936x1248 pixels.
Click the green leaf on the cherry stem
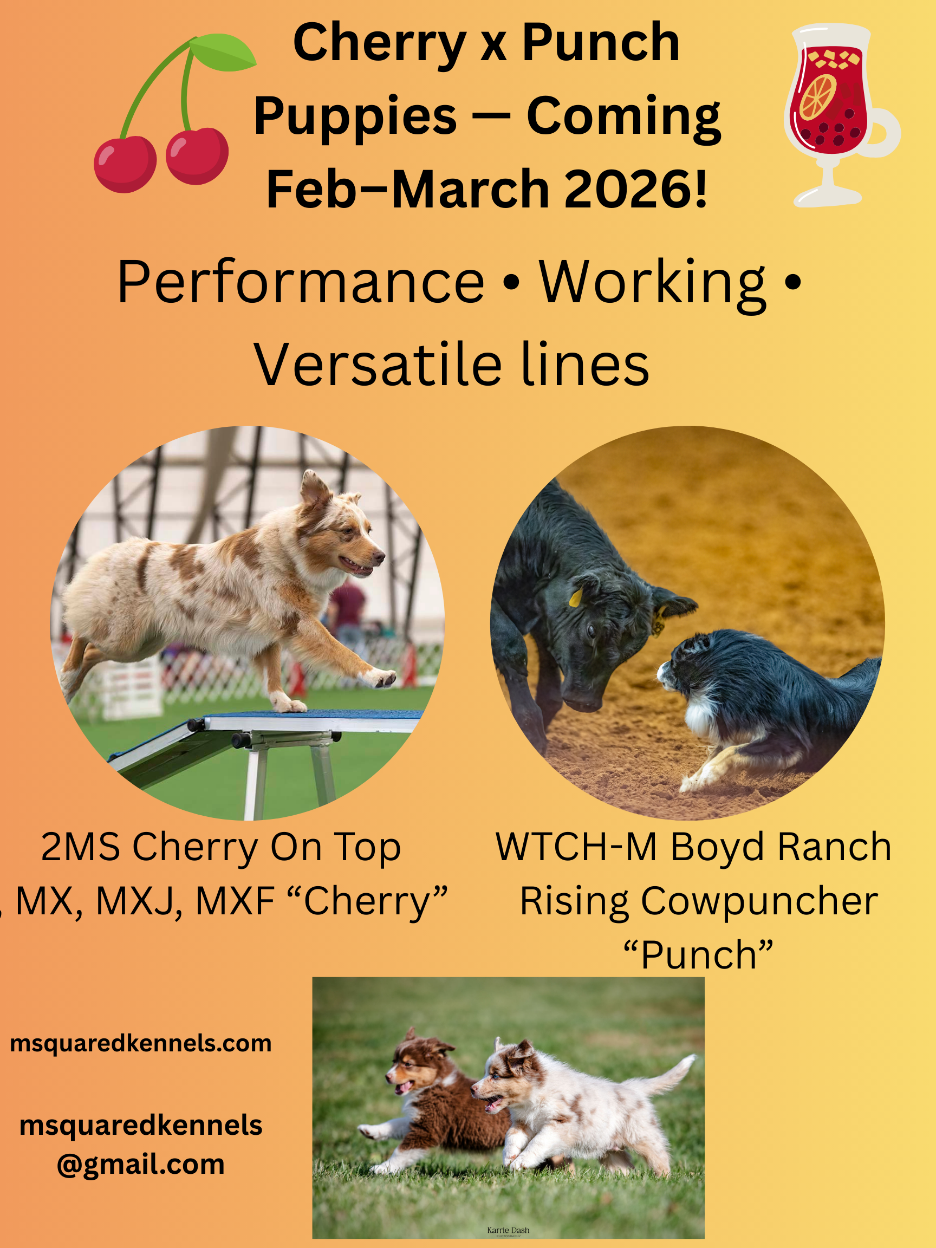[x=223, y=54]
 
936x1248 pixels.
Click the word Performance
[x=301, y=282]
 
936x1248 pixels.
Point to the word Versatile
[x=377, y=365]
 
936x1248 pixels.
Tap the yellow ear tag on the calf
[x=575, y=597]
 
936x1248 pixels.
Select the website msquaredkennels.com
[x=140, y=1044]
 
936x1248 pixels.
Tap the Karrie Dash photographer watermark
[x=508, y=1231]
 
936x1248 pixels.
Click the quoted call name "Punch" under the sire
[x=698, y=955]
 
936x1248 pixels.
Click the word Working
[x=652, y=282]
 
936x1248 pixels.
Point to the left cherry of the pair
[x=125, y=163]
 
